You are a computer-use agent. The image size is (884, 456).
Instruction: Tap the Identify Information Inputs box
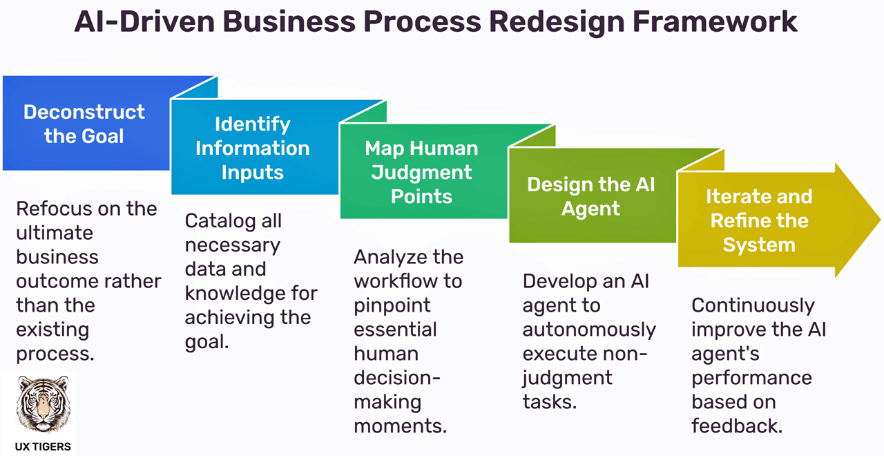point(253,148)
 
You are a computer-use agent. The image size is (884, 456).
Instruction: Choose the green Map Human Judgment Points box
point(422,172)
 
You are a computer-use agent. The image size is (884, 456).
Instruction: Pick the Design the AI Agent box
point(591,196)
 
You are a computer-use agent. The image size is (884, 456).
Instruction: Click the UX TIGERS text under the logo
point(43,446)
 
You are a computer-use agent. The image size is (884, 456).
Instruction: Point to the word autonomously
point(589,330)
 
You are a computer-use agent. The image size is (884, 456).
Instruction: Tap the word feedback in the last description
point(737,426)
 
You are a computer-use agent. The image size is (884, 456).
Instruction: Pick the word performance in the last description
point(751,378)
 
